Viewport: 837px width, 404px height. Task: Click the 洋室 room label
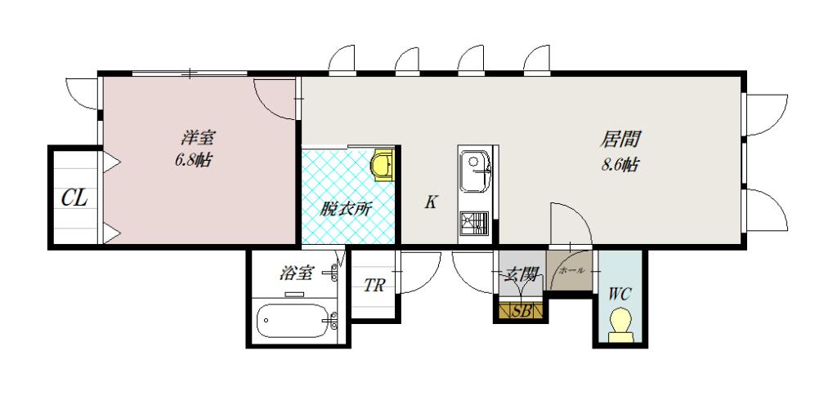[198, 139]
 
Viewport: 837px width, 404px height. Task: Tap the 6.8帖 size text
[193, 160]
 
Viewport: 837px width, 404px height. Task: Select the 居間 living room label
[620, 140]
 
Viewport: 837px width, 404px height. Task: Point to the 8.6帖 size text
[620, 165]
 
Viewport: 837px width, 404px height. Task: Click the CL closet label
[74, 198]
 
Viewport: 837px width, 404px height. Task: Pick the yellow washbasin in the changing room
[383, 165]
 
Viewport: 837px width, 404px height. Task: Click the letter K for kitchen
[431, 202]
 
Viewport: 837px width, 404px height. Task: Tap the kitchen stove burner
[475, 224]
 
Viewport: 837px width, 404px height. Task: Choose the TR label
[374, 286]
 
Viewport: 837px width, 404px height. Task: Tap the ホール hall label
[571, 271]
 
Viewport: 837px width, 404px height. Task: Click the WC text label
[620, 294]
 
